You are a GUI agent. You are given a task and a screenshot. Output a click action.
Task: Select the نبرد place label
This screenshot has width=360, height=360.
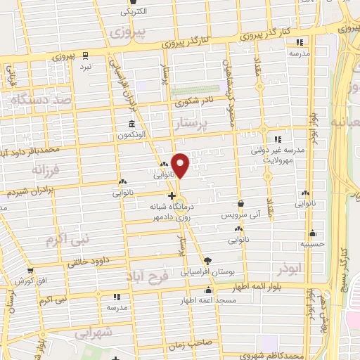click(x=85, y=65)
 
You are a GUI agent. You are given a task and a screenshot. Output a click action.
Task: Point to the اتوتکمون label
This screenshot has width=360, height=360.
click(x=131, y=134)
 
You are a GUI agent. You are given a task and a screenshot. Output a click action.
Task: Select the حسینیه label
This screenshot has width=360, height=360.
click(x=312, y=245)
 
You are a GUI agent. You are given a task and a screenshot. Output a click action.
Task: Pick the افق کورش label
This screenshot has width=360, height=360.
click(x=31, y=281)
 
